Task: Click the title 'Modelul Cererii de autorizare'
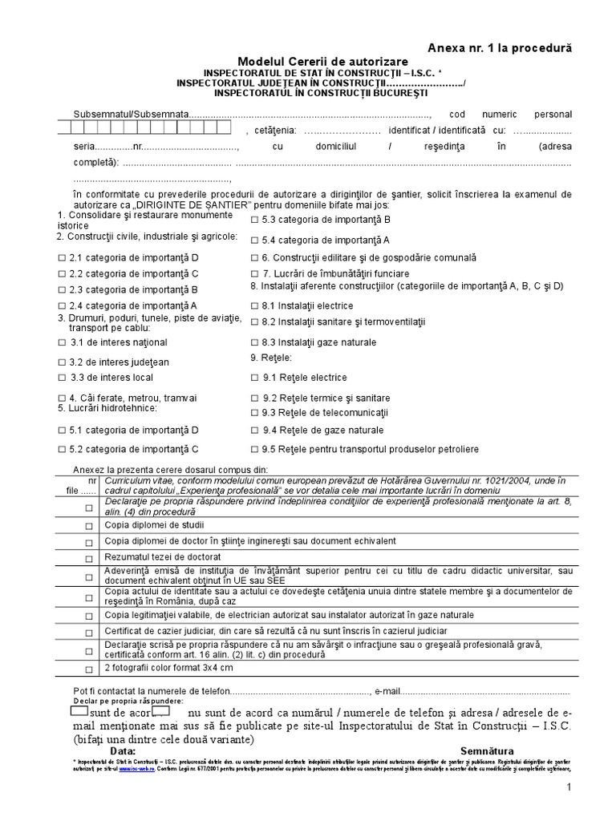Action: pyautogui.click(x=322, y=62)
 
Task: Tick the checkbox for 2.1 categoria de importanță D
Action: pyautogui.click(x=63, y=258)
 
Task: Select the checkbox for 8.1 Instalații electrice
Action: pyautogui.click(x=254, y=305)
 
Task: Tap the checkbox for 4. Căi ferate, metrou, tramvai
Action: pyautogui.click(x=63, y=398)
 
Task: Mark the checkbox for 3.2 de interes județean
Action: pyautogui.click(x=63, y=362)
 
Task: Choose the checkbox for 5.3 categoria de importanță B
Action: pyautogui.click(x=254, y=219)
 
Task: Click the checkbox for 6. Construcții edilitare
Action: pyautogui.click(x=254, y=258)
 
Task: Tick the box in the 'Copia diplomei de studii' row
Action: pyautogui.click(x=88, y=526)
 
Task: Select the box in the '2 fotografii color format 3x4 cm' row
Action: pyautogui.click(x=88, y=668)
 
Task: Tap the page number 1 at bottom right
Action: pyautogui.click(x=568, y=790)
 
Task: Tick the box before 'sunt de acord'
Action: pyautogui.click(x=79, y=711)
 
